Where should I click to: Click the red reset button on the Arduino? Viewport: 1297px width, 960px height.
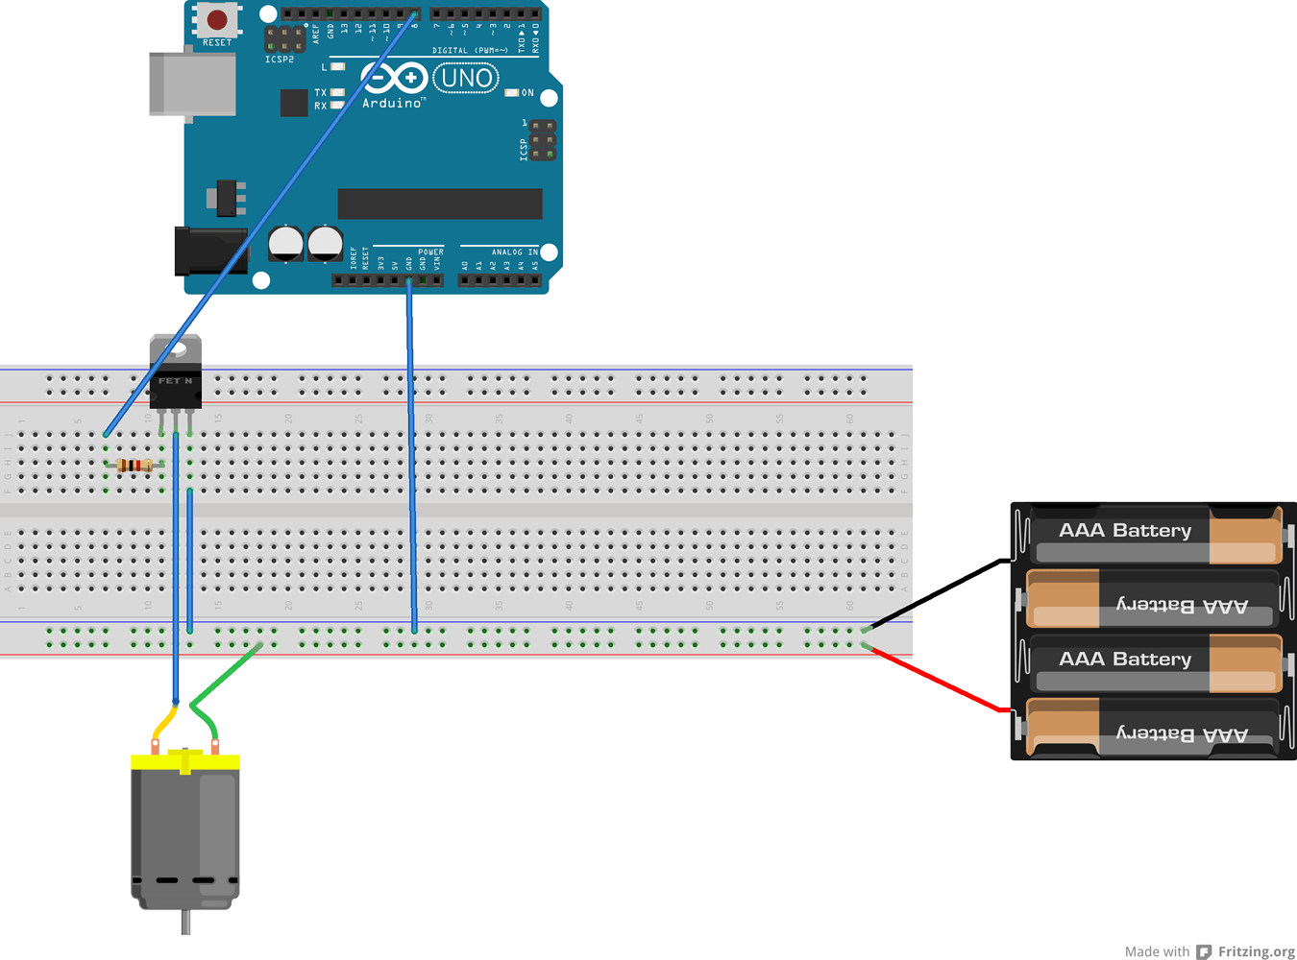point(217,18)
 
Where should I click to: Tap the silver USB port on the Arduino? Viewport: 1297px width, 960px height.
point(192,84)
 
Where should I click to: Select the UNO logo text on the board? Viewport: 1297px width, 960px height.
point(466,78)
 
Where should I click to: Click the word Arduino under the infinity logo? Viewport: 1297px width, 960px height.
point(391,103)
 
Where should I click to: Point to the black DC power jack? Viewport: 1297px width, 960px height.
point(207,251)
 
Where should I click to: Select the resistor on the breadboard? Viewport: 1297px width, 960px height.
point(135,466)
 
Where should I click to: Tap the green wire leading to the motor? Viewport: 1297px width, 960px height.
point(227,678)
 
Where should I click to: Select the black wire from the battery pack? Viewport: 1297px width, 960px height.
point(937,593)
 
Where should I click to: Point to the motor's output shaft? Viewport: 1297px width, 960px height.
point(185,922)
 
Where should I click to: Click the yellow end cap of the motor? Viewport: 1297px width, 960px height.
point(184,761)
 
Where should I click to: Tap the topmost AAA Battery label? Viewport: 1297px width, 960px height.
point(1124,530)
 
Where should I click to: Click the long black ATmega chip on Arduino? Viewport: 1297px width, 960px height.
point(440,204)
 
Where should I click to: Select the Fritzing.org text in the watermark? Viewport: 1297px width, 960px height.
point(1256,951)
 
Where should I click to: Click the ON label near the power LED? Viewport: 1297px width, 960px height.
point(527,93)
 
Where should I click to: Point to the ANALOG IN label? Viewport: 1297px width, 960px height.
point(515,252)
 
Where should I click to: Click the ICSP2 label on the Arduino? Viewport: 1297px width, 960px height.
point(280,60)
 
